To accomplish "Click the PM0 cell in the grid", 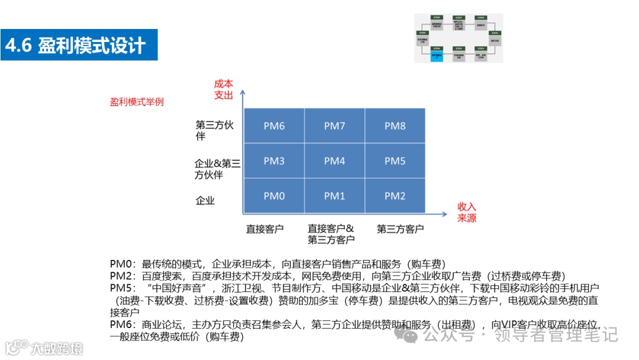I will (x=274, y=196).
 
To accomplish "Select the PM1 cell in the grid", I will (x=334, y=196).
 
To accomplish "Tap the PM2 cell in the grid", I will (x=395, y=196).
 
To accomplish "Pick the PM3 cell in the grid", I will (x=274, y=161).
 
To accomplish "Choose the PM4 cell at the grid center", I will (x=334, y=161).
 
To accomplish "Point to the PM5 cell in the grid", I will (x=395, y=161).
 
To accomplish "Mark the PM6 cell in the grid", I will (x=274, y=126).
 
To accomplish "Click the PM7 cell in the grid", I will (x=334, y=126).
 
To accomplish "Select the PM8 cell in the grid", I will (x=395, y=126).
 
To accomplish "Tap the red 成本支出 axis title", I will (x=223, y=89).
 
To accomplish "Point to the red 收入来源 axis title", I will (x=467, y=212).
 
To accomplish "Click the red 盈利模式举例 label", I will (x=137, y=102).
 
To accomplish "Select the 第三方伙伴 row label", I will (x=214, y=130).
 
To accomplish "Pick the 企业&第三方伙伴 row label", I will (x=217, y=169).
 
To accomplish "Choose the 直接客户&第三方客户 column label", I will (x=331, y=234).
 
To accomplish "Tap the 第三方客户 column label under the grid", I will (x=401, y=229).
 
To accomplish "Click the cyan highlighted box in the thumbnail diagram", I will (x=437, y=57).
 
